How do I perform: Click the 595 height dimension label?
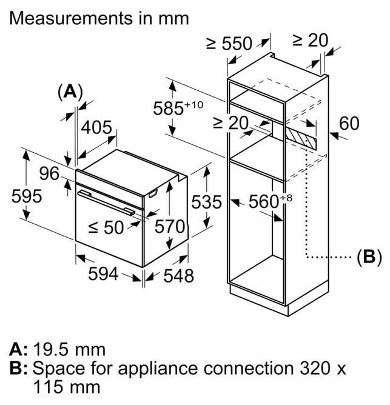[27, 196]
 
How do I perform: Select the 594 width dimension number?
[103, 274]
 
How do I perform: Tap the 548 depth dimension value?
[178, 276]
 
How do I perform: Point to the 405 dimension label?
[96, 127]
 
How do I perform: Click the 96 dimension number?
[49, 173]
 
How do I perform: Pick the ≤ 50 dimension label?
[106, 227]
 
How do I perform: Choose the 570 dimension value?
[170, 227]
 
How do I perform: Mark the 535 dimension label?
[206, 202]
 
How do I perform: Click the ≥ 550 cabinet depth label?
[229, 43]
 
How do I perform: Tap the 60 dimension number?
[349, 123]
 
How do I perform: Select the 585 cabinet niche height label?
[178, 108]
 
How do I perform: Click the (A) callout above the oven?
[70, 92]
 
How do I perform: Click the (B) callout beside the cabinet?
[369, 257]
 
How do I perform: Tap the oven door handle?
[107, 202]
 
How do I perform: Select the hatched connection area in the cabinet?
[301, 138]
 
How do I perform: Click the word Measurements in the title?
[72, 18]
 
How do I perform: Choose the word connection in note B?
[249, 368]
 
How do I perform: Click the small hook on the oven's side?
[152, 194]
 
